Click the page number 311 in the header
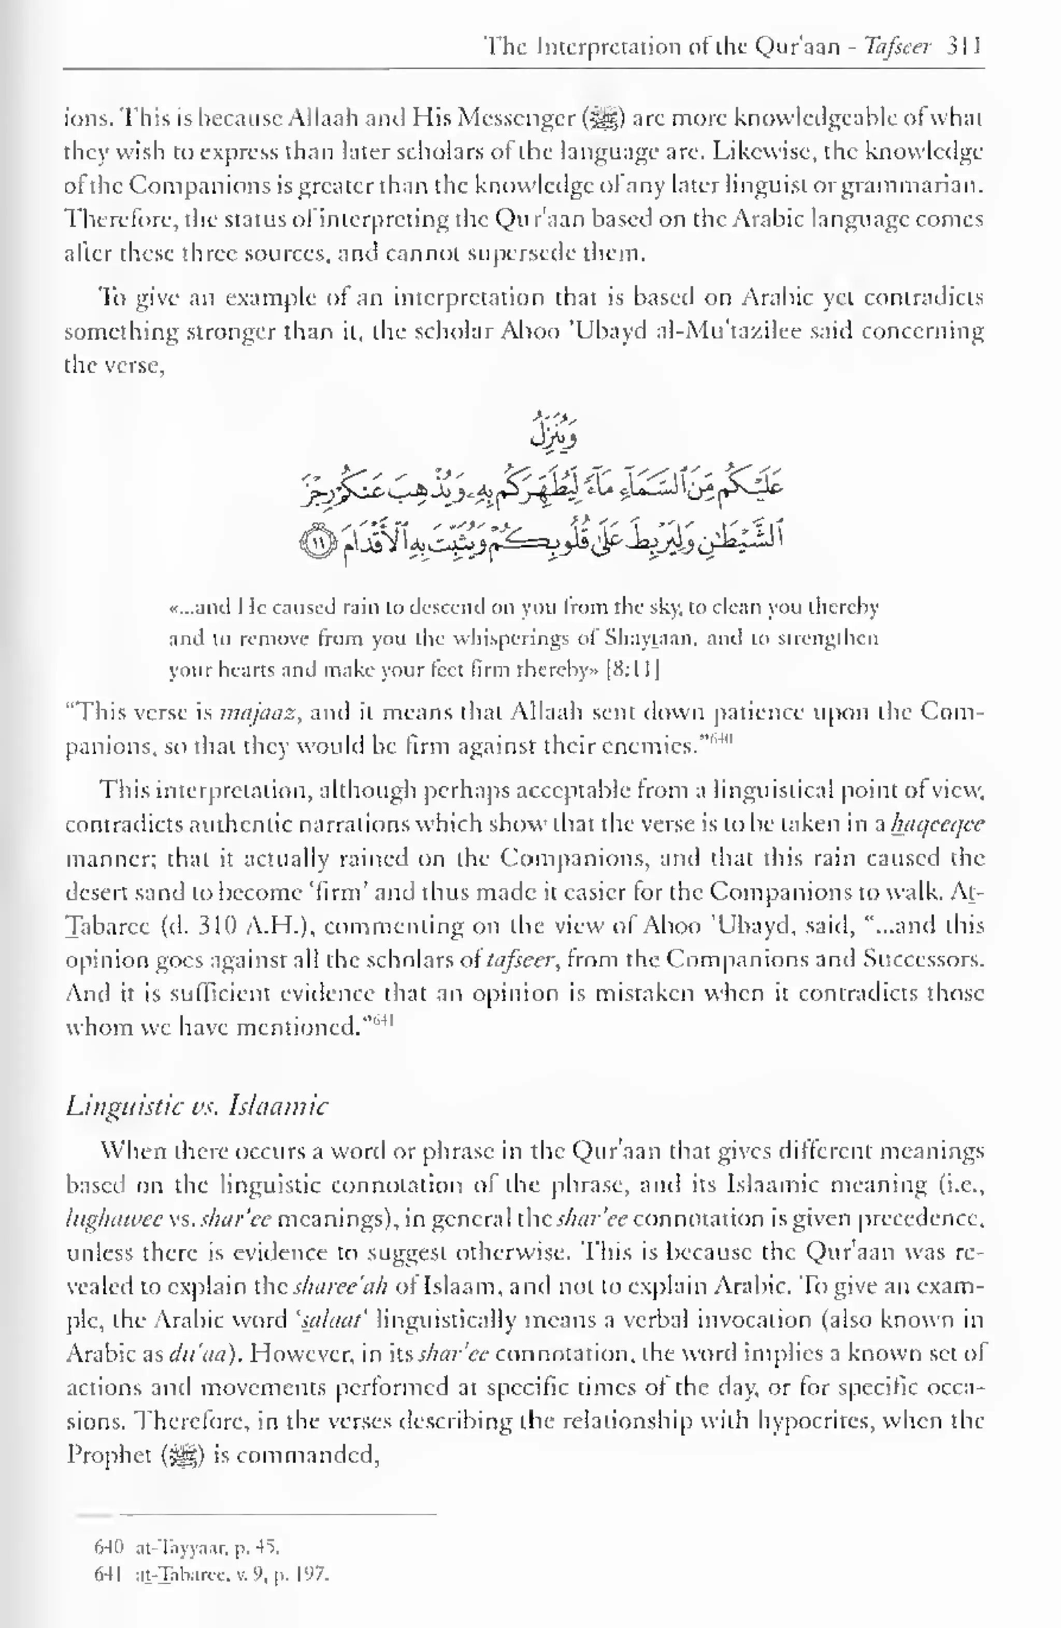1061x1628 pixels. [x=965, y=47]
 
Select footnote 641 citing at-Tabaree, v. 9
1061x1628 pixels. [x=212, y=1576]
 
